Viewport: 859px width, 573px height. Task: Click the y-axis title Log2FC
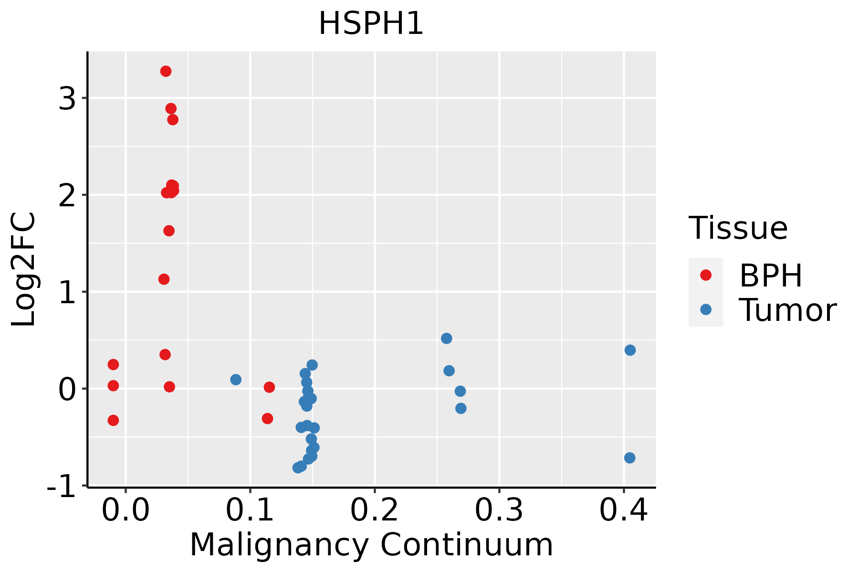coord(24,270)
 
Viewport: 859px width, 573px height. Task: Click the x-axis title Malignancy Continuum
coord(371,545)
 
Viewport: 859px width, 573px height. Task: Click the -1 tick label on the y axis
coord(62,488)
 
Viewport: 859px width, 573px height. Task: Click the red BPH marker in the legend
coord(705,275)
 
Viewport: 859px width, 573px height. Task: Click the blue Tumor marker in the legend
coord(705,309)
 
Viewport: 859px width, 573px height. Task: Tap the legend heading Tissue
coord(738,228)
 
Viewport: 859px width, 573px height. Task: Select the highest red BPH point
coord(166,71)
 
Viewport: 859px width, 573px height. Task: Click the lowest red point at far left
coord(113,420)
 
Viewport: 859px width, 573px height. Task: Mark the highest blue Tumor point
coord(446,339)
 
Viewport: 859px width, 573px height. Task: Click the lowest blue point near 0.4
coord(629,458)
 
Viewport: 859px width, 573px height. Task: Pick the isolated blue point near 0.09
coord(236,380)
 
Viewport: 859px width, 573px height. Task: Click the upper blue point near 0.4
coord(630,350)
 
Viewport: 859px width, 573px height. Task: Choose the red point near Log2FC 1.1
coord(164,279)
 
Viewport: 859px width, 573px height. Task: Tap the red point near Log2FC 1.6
coord(169,231)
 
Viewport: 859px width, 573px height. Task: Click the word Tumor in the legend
coord(787,310)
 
